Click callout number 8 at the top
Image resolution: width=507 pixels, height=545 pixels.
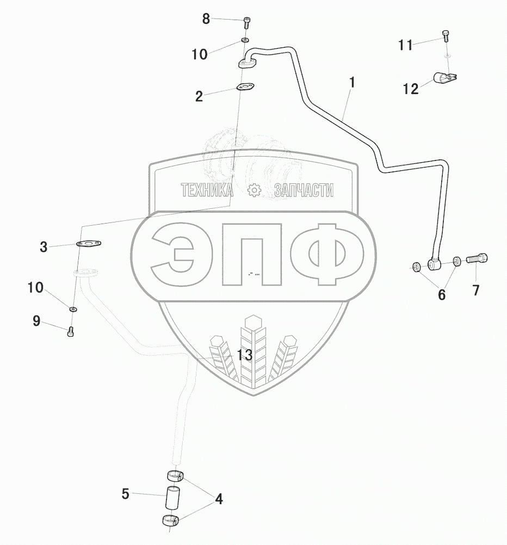click(206, 19)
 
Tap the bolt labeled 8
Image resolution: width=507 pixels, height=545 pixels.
click(246, 22)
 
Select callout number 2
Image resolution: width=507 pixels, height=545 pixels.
click(199, 96)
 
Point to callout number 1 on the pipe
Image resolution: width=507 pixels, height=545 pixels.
click(352, 83)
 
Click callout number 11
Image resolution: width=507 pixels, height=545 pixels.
click(405, 45)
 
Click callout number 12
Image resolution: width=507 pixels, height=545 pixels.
click(411, 89)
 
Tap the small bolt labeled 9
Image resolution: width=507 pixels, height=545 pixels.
click(71, 331)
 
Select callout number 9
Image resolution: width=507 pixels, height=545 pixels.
click(36, 321)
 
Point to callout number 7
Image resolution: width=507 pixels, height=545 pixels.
click(476, 290)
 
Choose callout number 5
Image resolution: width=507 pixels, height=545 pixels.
click(126, 494)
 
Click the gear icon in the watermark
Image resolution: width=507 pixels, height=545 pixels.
click(254, 190)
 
